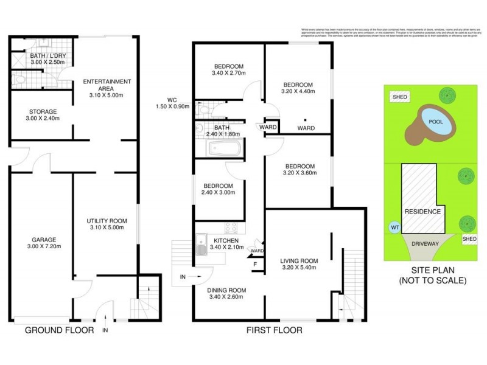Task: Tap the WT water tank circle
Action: pyautogui.click(x=394, y=228)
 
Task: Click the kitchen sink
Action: pyautogui.click(x=201, y=248)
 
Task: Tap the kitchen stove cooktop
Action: pyautogui.click(x=231, y=228)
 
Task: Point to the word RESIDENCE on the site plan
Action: pyautogui.click(x=422, y=212)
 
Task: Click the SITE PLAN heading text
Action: pyautogui.click(x=433, y=270)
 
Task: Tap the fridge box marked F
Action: pyautogui.click(x=255, y=263)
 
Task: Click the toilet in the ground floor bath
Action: pyautogui.click(x=19, y=80)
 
